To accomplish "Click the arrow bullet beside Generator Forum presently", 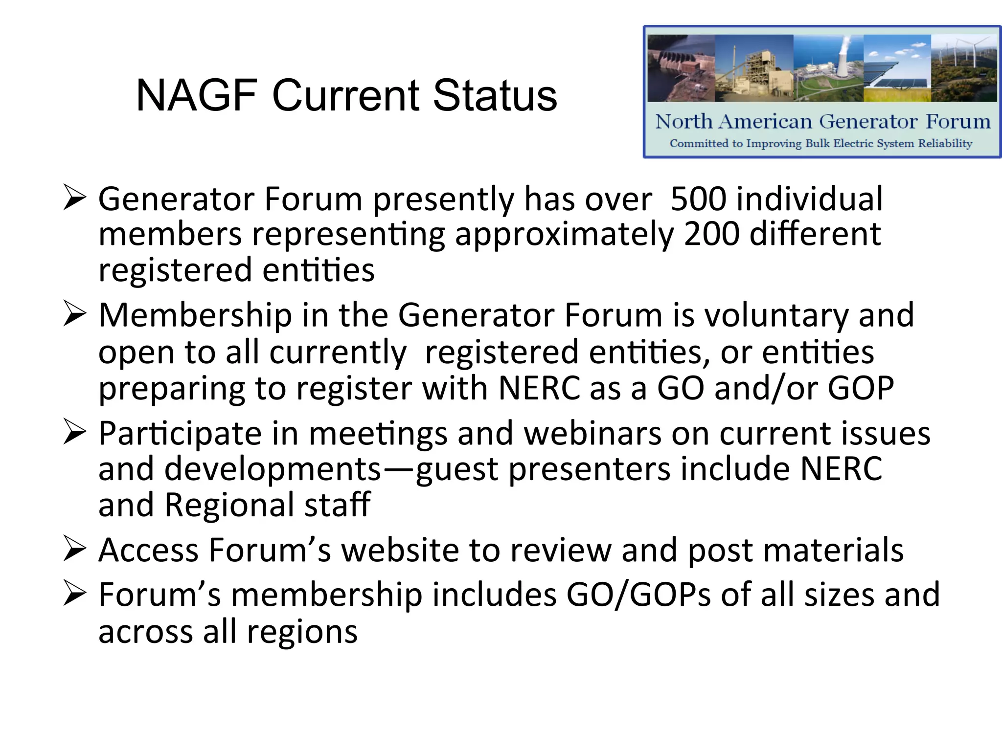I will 75,198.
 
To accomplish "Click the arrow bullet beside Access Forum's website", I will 75,549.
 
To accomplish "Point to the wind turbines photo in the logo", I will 964,68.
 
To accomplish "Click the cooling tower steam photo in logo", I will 828,68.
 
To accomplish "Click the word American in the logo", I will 766,122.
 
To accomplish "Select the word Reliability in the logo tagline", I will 945,144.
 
